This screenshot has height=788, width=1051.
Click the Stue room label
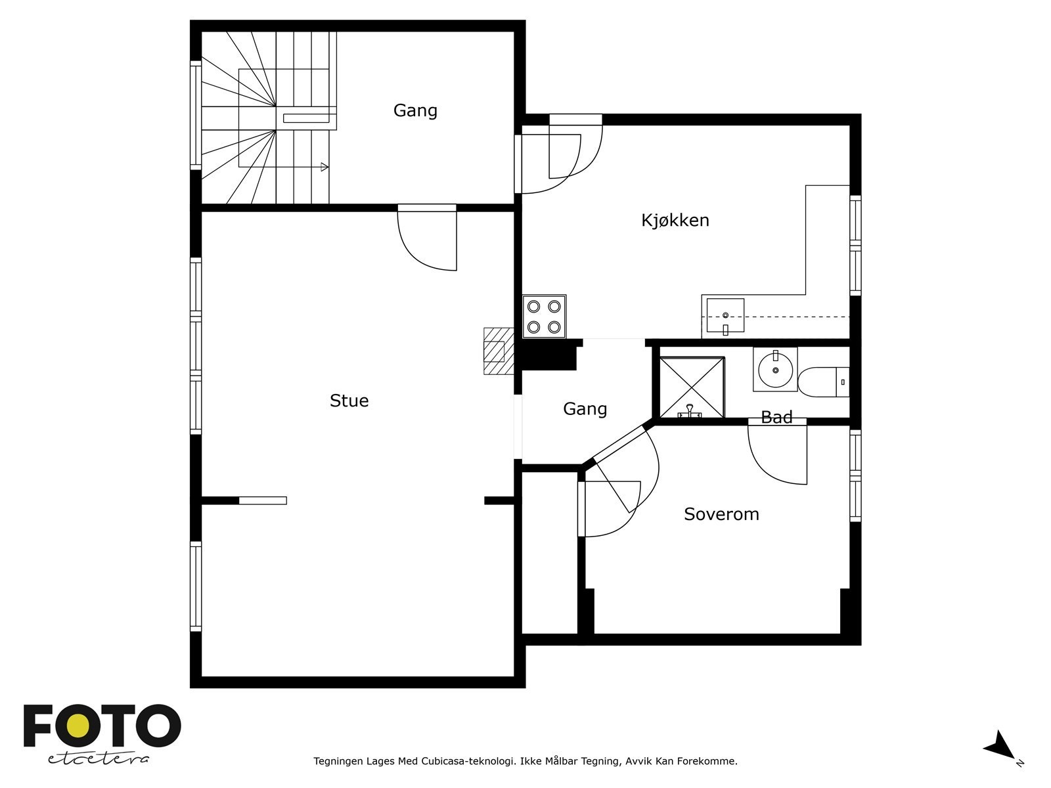[x=349, y=401]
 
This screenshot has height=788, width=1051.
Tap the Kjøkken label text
[x=675, y=220]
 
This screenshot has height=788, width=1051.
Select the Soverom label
[x=721, y=514]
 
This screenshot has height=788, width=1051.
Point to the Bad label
[x=776, y=417]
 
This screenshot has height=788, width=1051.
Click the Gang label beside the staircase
[x=415, y=110]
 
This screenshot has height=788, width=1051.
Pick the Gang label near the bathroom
[x=585, y=409]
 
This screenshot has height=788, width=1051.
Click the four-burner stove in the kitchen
[x=544, y=317]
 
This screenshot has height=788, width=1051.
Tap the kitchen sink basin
[x=725, y=315]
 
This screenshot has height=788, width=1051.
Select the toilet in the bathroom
[x=824, y=382]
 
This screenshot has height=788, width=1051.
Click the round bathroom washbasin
[x=775, y=369]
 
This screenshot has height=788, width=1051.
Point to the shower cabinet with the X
[x=692, y=387]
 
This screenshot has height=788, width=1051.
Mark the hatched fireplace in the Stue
[x=499, y=351]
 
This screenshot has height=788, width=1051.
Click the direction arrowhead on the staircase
[x=324, y=167]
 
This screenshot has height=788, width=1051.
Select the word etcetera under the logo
[x=98, y=759]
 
